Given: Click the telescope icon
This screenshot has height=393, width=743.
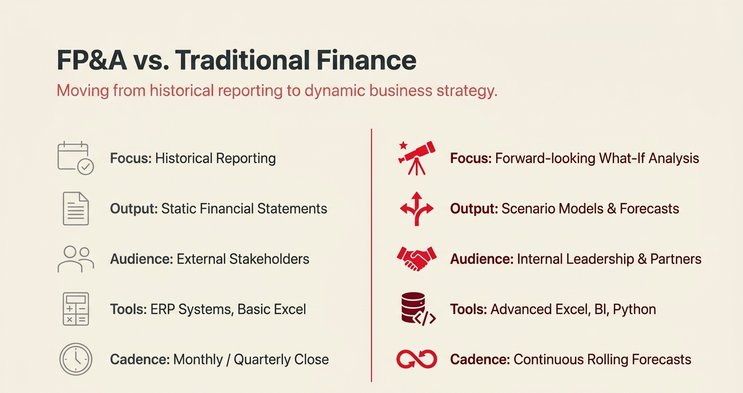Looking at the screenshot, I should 416,157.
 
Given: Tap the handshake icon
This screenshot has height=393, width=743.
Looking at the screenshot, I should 416,259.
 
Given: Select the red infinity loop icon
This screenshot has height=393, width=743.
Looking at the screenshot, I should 416,359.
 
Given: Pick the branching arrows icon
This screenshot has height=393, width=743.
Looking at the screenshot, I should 416,208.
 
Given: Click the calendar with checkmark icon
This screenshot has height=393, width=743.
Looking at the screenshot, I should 76,158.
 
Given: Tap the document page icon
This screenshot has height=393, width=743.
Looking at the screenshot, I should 76,208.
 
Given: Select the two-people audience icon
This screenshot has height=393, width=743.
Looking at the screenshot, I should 76,259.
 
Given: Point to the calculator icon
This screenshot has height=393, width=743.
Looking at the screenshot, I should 76,309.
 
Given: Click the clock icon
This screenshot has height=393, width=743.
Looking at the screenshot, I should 76,360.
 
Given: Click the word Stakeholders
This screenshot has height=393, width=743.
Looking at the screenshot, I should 269,259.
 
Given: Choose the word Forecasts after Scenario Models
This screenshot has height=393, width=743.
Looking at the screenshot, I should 649,208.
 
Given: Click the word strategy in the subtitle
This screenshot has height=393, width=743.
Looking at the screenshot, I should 467,90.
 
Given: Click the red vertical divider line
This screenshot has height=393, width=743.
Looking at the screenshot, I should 371,254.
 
